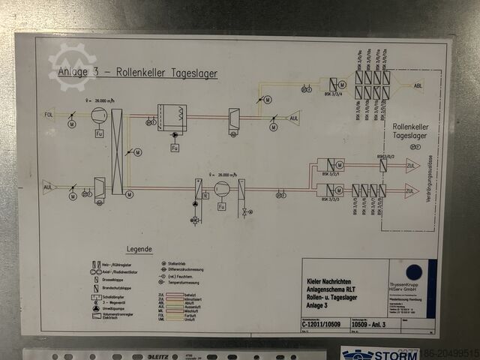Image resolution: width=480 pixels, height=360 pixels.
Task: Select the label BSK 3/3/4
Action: coord(330,94)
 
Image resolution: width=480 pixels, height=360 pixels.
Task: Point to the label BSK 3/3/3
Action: coord(331,199)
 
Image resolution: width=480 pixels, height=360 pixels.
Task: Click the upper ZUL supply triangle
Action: coord(412,165)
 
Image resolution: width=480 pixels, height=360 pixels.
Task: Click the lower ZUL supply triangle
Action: coord(412,190)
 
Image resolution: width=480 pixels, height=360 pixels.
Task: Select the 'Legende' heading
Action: coord(139,248)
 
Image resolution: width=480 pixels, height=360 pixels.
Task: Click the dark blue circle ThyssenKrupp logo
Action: coord(414,272)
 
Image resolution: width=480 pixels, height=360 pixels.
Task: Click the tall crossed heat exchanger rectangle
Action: coord(117,151)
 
